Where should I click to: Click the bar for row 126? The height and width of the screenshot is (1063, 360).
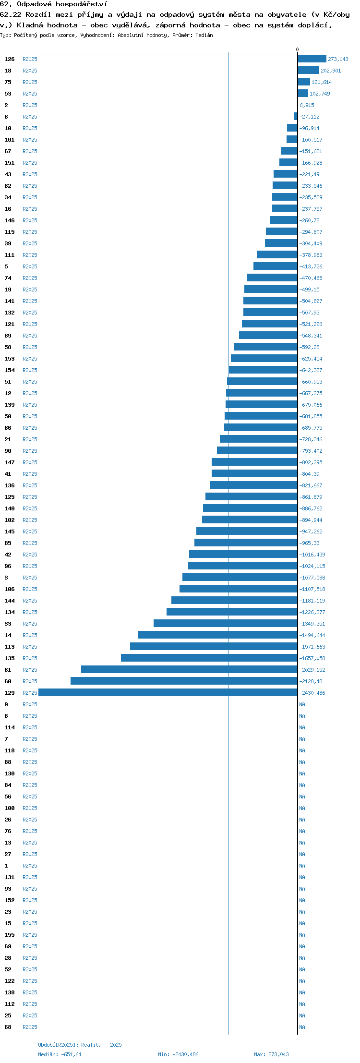312,59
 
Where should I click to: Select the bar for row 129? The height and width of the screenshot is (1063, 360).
168,692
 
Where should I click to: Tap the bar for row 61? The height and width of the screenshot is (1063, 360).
189,669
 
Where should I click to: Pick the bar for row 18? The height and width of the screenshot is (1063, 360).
308,70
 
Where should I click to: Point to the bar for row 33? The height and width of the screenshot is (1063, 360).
226,623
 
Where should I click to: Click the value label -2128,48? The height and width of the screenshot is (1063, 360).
312,681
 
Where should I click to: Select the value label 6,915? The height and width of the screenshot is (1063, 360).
307,105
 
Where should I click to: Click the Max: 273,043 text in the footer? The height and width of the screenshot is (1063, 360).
271,1054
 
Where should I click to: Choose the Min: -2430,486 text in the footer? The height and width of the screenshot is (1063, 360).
178,1054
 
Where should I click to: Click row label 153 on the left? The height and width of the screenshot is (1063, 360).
10,359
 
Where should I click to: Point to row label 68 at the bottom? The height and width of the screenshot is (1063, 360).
8,1027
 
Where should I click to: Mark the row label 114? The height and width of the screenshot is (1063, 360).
10,727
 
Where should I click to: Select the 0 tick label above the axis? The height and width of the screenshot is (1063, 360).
297,49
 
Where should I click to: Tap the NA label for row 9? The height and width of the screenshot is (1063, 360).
302,704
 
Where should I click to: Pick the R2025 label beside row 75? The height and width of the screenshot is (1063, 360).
30,82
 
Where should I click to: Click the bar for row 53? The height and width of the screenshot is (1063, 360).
303,93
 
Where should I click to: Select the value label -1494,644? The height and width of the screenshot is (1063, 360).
312,635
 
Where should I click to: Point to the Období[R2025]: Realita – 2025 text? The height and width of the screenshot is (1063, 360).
80,1045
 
